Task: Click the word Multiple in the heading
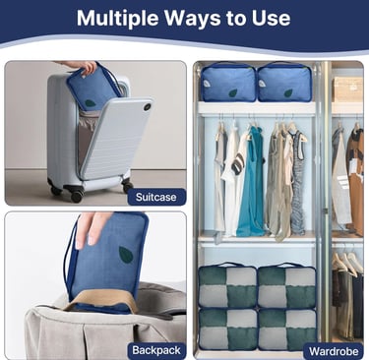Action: click(118, 19)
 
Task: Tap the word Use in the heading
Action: click(271, 18)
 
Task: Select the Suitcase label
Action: click(156, 197)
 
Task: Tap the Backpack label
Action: click(156, 350)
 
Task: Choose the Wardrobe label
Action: click(334, 351)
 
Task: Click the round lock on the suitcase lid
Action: click(147, 106)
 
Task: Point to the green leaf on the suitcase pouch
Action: click(90, 104)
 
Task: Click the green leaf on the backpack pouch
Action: click(126, 255)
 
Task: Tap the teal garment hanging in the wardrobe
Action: click(251, 182)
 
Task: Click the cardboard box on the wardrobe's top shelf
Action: click(347, 90)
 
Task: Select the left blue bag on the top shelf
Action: click(228, 82)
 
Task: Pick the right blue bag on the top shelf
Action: click(284, 82)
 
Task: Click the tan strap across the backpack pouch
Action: click(102, 299)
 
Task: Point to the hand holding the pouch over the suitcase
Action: click(82, 66)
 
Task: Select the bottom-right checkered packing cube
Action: click(287, 330)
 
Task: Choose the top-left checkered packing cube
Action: click(227, 286)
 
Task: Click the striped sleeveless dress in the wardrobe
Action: click(298, 184)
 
